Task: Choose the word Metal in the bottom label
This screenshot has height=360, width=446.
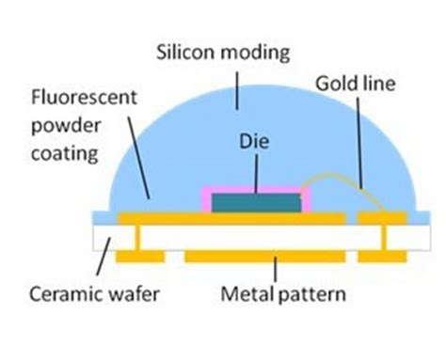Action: click(245, 294)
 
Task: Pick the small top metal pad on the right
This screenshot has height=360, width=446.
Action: click(382, 219)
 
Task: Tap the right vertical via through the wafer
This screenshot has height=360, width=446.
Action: click(384, 241)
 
